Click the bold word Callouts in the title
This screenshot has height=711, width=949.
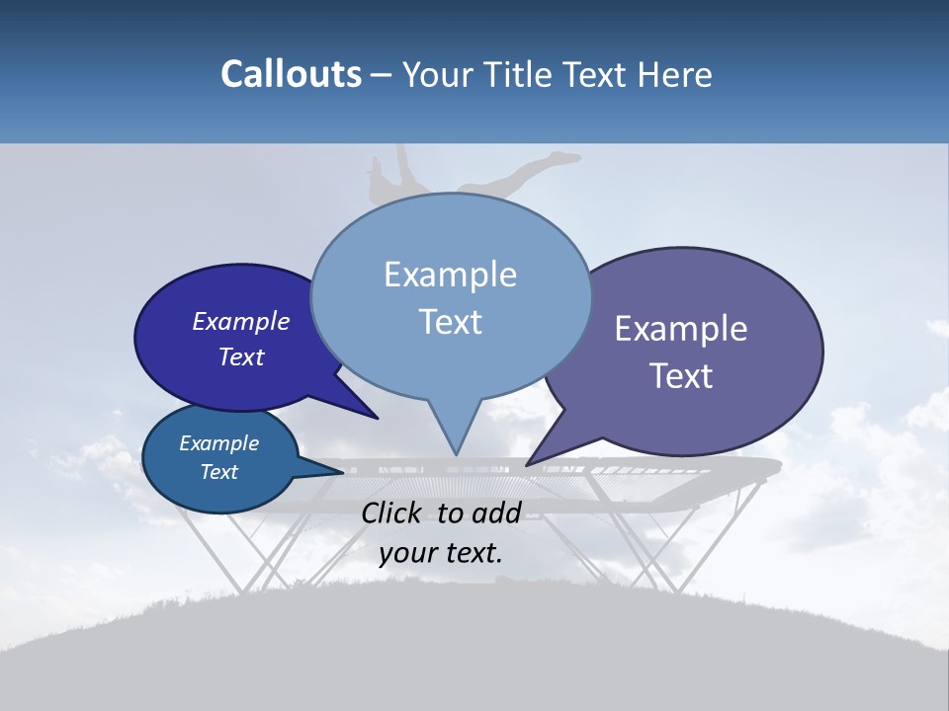(x=292, y=74)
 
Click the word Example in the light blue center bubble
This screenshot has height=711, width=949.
(x=450, y=275)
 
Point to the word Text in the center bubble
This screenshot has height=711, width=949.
(x=450, y=322)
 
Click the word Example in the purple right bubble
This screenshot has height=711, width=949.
(x=680, y=329)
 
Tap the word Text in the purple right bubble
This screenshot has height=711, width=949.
(x=680, y=376)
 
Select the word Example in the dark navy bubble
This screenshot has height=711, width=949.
(x=241, y=321)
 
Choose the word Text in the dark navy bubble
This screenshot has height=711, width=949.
(x=241, y=356)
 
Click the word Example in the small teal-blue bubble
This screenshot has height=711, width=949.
(x=218, y=443)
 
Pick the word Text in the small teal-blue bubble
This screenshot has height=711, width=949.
(x=218, y=472)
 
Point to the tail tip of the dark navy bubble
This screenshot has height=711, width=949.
(x=376, y=417)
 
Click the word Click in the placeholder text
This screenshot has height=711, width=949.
(x=393, y=513)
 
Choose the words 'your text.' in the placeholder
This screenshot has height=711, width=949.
(x=441, y=553)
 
